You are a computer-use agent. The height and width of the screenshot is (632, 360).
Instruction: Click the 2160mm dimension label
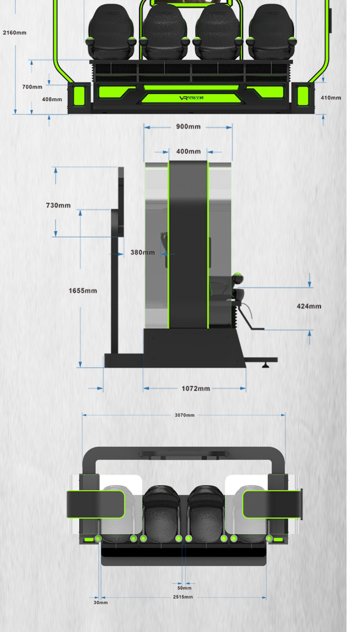click(x=15, y=33)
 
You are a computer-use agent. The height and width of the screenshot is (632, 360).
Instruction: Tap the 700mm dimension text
click(x=32, y=87)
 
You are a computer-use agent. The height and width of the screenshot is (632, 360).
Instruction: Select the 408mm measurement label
click(x=52, y=99)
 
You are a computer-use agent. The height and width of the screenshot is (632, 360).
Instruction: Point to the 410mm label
click(x=331, y=97)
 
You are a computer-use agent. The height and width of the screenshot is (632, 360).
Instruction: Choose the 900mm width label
click(x=188, y=127)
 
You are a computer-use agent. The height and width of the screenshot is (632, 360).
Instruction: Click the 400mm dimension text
click(x=188, y=151)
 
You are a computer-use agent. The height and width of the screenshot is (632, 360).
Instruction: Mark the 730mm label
click(x=58, y=205)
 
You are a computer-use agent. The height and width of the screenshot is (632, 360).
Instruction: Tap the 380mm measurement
click(x=143, y=252)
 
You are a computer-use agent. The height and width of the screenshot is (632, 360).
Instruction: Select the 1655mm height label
click(x=83, y=290)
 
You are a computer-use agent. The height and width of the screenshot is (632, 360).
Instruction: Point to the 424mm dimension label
click(x=309, y=306)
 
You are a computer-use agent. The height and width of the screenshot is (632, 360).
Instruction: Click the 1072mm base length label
click(x=195, y=388)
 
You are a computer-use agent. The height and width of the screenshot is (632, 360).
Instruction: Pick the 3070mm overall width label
click(x=184, y=415)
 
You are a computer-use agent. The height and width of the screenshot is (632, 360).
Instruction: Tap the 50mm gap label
click(x=184, y=588)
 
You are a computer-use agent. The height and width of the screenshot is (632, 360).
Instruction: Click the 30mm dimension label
click(x=101, y=602)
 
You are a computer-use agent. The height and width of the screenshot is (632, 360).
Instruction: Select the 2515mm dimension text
click(x=183, y=597)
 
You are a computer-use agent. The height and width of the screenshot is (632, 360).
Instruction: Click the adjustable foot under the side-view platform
click(x=265, y=365)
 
